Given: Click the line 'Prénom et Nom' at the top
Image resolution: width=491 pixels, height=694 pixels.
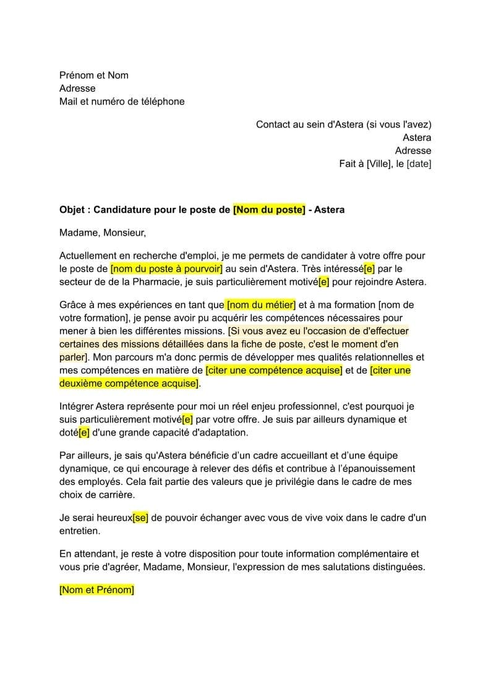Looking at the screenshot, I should pos(94,75).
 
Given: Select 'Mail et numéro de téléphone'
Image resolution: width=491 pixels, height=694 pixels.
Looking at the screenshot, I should pos(122,101).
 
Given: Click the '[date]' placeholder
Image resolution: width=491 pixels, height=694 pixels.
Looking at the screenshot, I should pos(419,164).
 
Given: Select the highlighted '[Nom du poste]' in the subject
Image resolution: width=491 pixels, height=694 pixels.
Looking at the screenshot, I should pos(269,210).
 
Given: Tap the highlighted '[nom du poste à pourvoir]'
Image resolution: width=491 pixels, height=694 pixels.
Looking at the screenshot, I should pos(166,269).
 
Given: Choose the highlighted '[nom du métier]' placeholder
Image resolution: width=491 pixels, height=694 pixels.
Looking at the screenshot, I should pos(262,306).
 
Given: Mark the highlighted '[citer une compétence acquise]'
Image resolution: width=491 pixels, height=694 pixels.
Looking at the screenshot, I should pos(274,371).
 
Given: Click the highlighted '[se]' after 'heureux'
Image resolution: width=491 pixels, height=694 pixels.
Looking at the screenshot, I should pos(140,518).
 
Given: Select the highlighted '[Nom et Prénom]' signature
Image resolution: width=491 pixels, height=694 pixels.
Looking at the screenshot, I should pos(96,590).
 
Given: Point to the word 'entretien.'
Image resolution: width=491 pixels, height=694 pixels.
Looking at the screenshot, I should pos(79,531).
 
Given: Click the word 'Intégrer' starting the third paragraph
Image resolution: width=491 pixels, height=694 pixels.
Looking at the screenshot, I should pos(77,406).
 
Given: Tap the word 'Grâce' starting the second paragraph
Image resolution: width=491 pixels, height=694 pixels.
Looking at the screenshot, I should pos(72,306).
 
